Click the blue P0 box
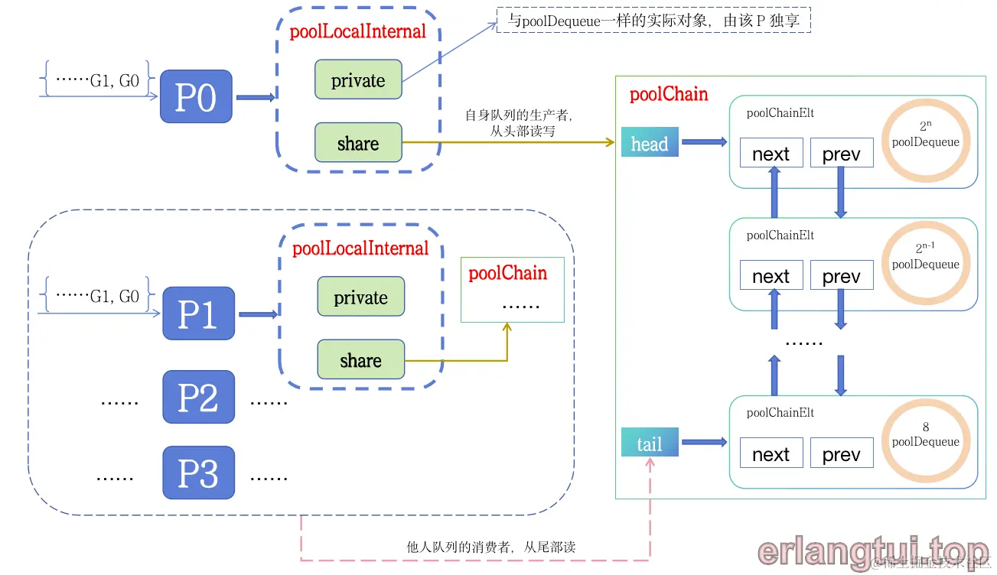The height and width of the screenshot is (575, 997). [x=196, y=97]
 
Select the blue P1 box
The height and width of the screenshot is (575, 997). [x=198, y=314]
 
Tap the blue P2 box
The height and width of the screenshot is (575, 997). [x=198, y=398]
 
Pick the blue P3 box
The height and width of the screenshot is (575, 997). [x=198, y=473]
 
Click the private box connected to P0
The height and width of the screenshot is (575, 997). [x=358, y=80]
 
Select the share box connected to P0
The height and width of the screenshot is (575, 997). [x=358, y=143]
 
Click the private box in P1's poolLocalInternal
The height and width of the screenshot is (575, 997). [x=360, y=297]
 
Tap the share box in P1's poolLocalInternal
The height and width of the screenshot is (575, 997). [x=360, y=360]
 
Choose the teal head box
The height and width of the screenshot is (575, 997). [x=650, y=144]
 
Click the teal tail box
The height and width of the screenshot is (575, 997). [x=650, y=443]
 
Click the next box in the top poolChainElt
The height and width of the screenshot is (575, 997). [x=771, y=154]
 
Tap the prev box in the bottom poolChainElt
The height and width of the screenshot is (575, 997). [x=841, y=453]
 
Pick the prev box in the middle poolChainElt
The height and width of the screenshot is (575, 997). [x=841, y=275]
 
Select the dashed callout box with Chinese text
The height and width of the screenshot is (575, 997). [x=653, y=21]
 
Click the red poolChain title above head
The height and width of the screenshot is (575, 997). [x=668, y=95]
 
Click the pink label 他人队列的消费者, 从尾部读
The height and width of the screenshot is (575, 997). [x=491, y=547]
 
